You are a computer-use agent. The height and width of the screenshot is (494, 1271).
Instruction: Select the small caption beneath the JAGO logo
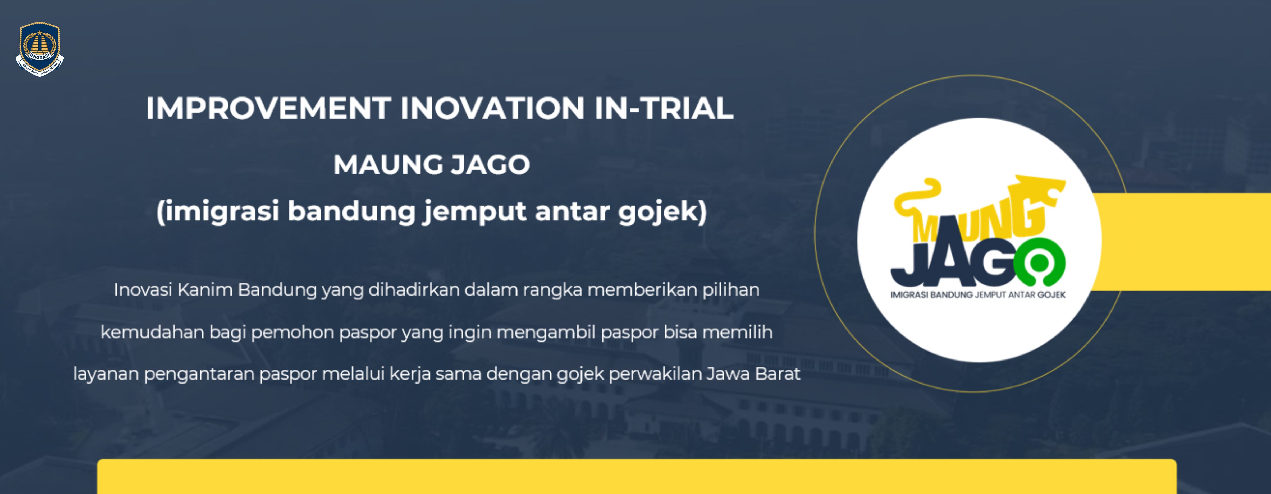tap(978, 295)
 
